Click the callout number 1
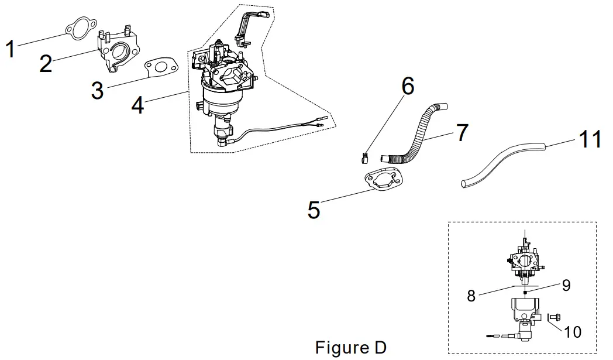point(10,49)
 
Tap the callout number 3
point(97,90)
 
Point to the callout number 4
point(137,105)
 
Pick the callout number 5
point(314,210)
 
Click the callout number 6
point(407,85)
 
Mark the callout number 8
point(472,296)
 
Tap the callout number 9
point(565,285)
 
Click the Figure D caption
point(351,347)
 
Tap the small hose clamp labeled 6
point(364,157)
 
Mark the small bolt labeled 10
point(555,318)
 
